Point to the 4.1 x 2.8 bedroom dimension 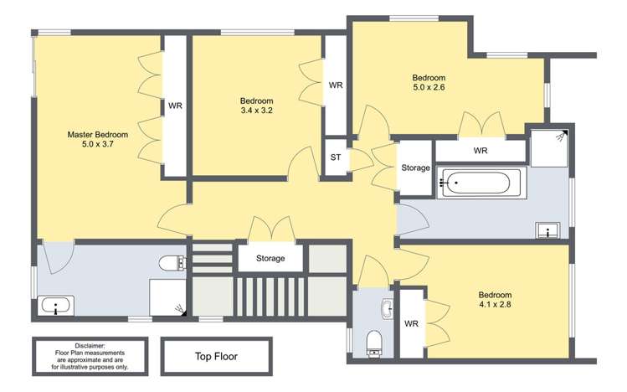(x=495, y=305)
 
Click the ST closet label (x=336, y=157)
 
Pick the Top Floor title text (x=216, y=356)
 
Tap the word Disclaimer (x=90, y=345)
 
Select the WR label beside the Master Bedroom (x=175, y=106)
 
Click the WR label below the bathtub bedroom (x=481, y=151)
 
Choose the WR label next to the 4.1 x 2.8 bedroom (x=411, y=323)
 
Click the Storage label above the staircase (x=270, y=258)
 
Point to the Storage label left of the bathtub (x=415, y=168)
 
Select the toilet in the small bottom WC (x=374, y=339)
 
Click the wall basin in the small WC (x=386, y=309)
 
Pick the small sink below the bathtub (x=548, y=230)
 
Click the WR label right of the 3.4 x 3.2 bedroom (x=336, y=85)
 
